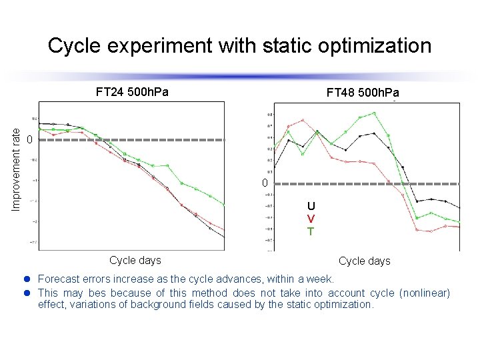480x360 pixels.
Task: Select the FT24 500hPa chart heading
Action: pos(132,92)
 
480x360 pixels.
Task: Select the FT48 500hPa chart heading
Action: pos(363,92)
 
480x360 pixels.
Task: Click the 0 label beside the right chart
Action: pos(264,183)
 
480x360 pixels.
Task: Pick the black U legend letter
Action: pos(311,206)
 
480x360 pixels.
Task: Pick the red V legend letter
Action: pos(311,219)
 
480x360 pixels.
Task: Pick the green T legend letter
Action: pos(311,231)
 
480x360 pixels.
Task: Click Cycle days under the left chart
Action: pos(135,260)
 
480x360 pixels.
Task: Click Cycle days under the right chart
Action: pos(365,261)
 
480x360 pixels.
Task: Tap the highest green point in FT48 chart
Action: pos(375,113)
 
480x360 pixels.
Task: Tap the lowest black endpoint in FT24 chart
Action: pos(224,237)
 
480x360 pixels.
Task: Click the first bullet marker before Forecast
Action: pos(29,279)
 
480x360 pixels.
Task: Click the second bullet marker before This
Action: pos(29,293)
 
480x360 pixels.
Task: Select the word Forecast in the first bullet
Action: pos(60,279)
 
